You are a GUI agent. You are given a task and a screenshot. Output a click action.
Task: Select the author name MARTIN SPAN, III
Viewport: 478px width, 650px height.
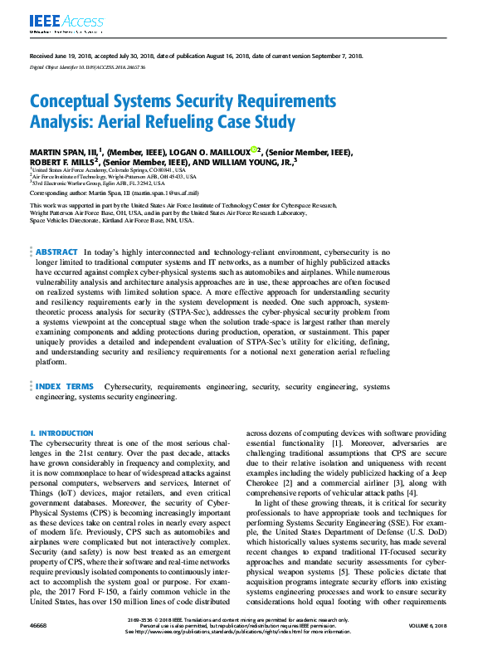(63, 152)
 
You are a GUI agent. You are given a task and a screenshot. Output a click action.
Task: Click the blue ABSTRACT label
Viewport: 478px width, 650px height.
(56, 252)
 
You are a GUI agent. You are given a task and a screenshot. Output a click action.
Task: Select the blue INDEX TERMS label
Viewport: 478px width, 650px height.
(65, 386)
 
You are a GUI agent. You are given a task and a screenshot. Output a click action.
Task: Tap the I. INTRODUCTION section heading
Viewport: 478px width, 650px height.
(61, 433)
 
